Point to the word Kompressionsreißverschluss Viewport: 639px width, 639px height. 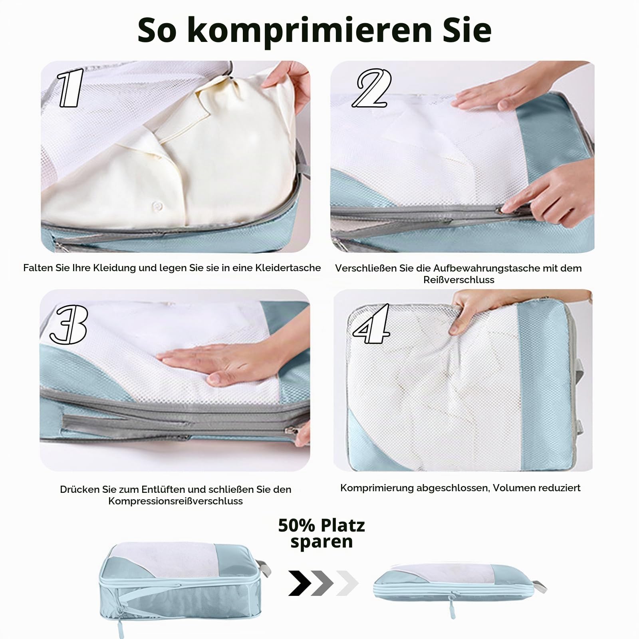coord(175,501)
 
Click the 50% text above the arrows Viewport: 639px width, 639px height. coord(297,525)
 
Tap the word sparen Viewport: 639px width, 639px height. coord(321,542)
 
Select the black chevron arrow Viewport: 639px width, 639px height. coord(300,583)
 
